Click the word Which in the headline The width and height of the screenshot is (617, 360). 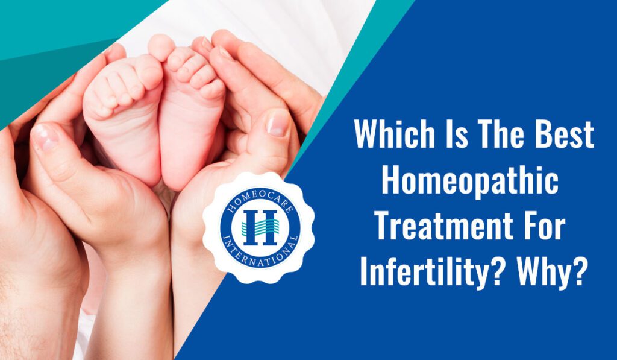point(395,134)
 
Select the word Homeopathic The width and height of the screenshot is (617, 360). point(470,182)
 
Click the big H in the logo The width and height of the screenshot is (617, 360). point(260,228)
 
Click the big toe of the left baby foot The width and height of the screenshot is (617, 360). point(150,71)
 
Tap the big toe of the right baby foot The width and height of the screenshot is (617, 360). point(161,47)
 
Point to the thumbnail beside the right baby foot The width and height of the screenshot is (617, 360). point(278,123)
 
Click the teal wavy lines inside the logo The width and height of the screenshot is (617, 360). point(260,227)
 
